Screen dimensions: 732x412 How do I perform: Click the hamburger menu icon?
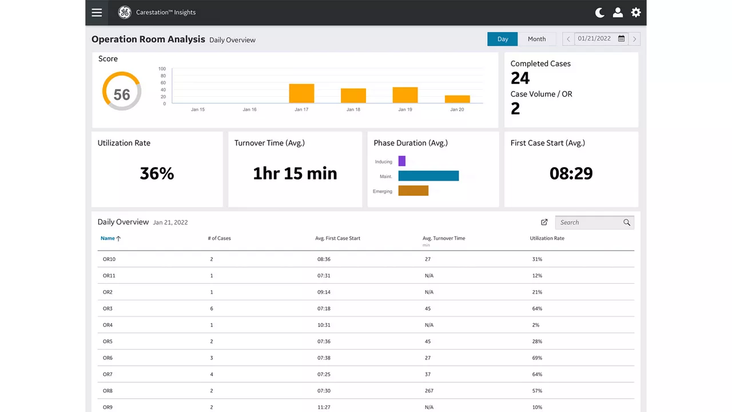pos(97,13)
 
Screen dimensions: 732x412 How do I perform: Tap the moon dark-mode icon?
pos(599,13)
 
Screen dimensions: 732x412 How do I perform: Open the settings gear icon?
pos(635,13)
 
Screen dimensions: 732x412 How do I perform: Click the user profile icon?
pos(618,13)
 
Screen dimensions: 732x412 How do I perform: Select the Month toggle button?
pos(536,39)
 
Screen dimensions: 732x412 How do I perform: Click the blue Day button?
pos(502,39)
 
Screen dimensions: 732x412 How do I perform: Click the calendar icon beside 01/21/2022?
pos(621,38)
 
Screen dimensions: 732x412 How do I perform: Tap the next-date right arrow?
pos(634,39)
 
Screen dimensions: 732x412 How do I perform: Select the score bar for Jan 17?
pos(301,93)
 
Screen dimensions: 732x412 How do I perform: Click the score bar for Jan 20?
pos(457,99)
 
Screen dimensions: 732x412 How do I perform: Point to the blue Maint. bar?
pos(428,176)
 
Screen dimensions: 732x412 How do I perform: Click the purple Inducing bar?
pos(402,161)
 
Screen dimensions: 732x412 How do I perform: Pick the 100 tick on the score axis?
pos(162,69)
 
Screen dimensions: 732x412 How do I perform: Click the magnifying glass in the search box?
pos(626,223)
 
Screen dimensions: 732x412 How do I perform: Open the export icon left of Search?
pos(544,223)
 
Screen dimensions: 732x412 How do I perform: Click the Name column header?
pos(108,239)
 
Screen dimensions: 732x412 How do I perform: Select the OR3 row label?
pos(108,308)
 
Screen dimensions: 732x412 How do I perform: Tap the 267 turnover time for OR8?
pos(429,391)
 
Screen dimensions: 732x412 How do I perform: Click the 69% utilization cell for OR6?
pos(537,358)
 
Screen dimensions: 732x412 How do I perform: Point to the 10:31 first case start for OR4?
pos(324,325)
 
